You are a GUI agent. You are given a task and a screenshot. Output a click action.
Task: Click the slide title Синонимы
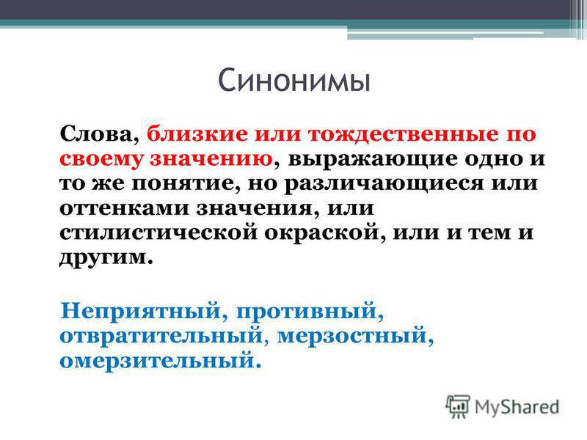tap(294, 80)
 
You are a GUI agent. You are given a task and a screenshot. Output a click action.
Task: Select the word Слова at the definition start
tap(96, 134)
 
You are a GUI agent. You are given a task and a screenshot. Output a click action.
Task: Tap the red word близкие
tap(197, 133)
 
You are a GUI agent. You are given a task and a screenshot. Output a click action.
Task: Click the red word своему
tap(101, 159)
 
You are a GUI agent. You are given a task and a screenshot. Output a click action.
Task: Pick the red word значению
tap(211, 158)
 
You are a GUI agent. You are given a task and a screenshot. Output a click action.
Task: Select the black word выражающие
tap(373, 159)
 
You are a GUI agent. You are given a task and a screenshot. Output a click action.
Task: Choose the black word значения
tap(254, 208)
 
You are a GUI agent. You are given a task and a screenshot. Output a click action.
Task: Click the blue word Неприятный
tap(140, 311)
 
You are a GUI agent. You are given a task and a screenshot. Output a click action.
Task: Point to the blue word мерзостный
tap(352, 336)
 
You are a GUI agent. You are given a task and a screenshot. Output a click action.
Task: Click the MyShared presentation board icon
tap(458, 406)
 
